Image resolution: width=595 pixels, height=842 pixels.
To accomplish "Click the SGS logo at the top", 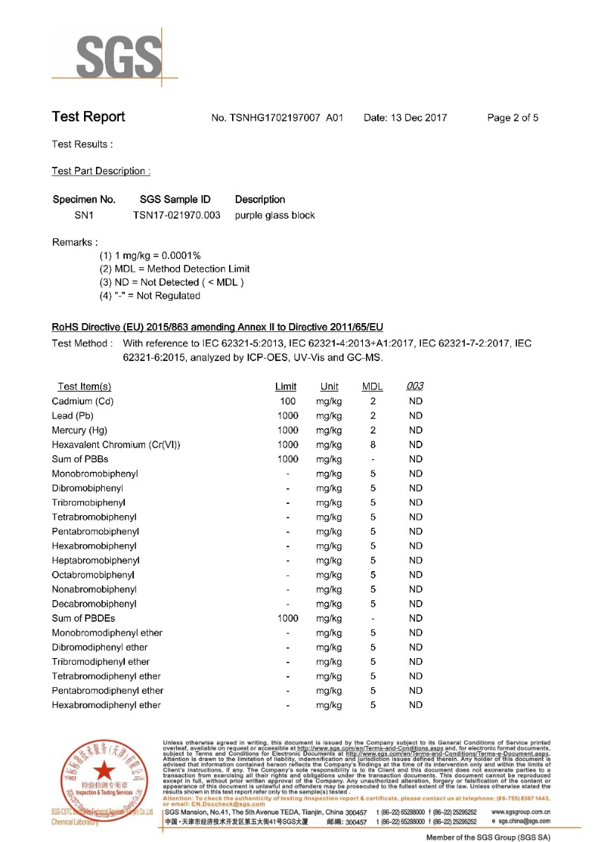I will (x=115, y=56).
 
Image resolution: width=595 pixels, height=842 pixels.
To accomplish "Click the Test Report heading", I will (x=89, y=117).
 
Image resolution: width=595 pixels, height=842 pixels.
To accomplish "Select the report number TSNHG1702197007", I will (x=277, y=118).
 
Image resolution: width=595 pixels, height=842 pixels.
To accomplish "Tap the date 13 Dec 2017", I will (x=405, y=118).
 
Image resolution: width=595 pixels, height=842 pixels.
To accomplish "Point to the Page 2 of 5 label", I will (x=512, y=118).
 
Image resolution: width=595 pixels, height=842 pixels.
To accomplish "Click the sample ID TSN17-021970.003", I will (x=177, y=215).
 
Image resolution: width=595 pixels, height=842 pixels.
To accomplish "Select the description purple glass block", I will (x=274, y=215).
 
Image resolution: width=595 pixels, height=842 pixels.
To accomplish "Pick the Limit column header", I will (x=286, y=386).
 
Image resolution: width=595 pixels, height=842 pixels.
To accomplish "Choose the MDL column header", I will (x=372, y=386).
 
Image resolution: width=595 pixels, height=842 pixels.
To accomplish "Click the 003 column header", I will (x=415, y=386).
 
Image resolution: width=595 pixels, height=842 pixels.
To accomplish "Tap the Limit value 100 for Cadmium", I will (x=287, y=401).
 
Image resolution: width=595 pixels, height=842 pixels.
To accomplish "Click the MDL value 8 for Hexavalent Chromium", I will (x=373, y=444).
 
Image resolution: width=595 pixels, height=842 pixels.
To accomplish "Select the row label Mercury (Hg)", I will (x=80, y=430).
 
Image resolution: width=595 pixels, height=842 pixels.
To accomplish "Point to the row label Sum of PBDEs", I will (x=83, y=618).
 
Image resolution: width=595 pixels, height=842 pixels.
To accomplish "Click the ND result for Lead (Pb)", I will (x=415, y=415).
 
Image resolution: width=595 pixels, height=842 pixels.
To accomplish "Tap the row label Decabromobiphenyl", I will (x=94, y=604).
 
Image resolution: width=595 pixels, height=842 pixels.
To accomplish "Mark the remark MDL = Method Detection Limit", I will (x=175, y=269).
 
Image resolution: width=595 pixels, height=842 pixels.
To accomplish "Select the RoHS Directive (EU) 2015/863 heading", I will (x=217, y=328).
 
